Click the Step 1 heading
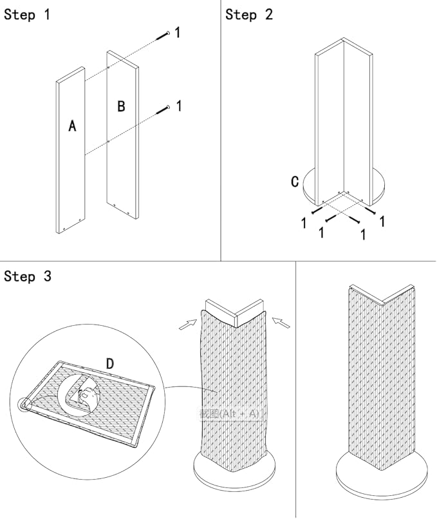(26, 14)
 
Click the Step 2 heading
(248, 14)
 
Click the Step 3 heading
(28, 276)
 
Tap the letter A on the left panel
(72, 126)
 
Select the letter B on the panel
(121, 106)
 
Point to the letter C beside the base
(295, 182)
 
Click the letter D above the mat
(110, 364)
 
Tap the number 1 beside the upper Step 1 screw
(178, 32)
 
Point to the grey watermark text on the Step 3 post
(230, 413)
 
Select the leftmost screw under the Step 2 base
(315, 210)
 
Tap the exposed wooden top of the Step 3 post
(234, 310)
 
